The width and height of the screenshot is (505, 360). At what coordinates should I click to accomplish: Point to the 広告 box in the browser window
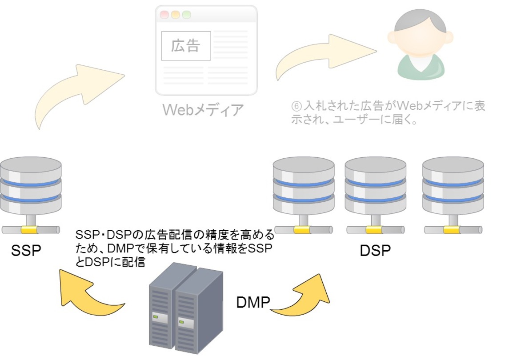coord(186,46)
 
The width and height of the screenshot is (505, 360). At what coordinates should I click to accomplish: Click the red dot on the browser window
coord(164,14)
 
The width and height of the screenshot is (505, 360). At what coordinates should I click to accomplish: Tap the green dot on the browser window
coord(186,14)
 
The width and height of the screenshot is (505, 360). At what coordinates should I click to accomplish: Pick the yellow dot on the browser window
coord(175,14)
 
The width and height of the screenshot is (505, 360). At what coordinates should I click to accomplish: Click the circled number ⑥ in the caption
coord(296,107)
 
